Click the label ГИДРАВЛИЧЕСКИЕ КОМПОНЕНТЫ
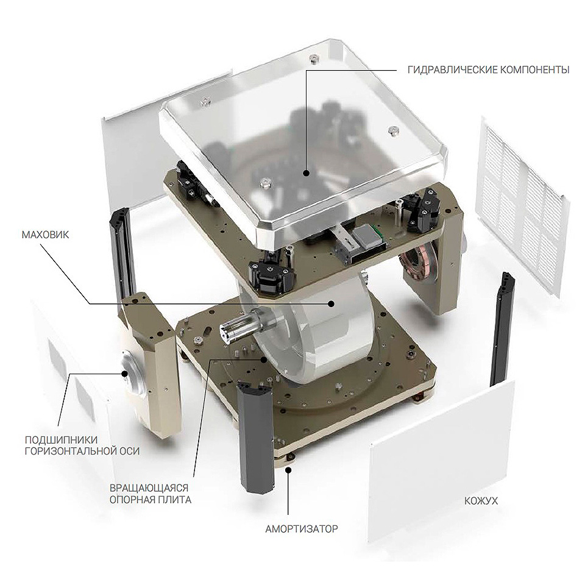488,69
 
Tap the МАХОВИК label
45,235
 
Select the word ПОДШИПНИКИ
61,439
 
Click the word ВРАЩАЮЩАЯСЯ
149,488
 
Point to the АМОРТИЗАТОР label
302,529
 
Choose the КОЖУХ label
481,501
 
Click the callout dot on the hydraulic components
306,172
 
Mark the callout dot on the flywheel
330,304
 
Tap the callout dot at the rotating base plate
264,360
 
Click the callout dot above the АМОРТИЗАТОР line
288,469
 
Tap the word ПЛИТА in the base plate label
175,500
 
